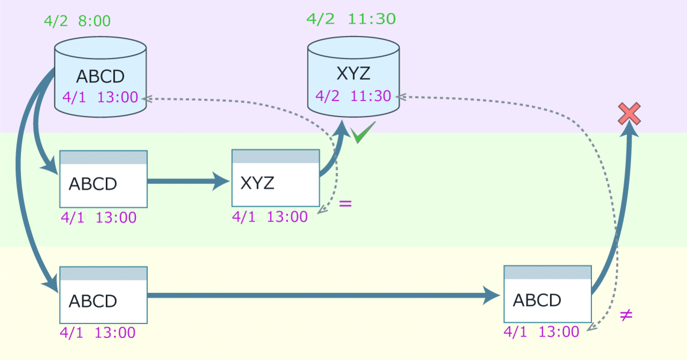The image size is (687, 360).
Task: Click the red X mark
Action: click(x=629, y=113)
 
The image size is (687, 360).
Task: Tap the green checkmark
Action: click(x=363, y=132)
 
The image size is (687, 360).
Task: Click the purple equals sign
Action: click(x=345, y=204)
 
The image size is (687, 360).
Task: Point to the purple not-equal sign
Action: click(x=626, y=315)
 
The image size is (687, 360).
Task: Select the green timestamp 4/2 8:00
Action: click(x=77, y=21)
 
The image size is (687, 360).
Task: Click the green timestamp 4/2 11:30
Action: click(x=351, y=19)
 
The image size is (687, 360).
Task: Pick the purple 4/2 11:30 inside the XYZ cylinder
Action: click(x=353, y=96)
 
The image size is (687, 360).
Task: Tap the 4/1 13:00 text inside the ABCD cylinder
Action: click(x=100, y=97)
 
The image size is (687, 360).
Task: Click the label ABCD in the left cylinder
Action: click(x=100, y=76)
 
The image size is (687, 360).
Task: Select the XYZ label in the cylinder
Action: click(x=353, y=74)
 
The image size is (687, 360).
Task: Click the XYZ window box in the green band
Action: click(x=276, y=178)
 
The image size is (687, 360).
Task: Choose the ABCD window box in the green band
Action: click(x=104, y=179)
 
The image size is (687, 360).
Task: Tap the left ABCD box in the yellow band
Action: click(x=104, y=295)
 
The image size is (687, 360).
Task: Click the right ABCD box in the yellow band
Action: click(x=548, y=294)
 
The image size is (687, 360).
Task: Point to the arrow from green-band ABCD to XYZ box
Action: click(x=188, y=181)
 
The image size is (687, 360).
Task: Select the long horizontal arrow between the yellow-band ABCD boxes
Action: click(x=324, y=296)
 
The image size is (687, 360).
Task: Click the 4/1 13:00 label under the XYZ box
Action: click(x=270, y=217)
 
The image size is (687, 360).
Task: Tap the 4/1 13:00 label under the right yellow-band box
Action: click(x=542, y=332)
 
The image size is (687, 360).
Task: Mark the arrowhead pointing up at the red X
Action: click(x=630, y=129)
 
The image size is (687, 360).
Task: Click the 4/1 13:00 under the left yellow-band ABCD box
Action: click(x=98, y=333)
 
